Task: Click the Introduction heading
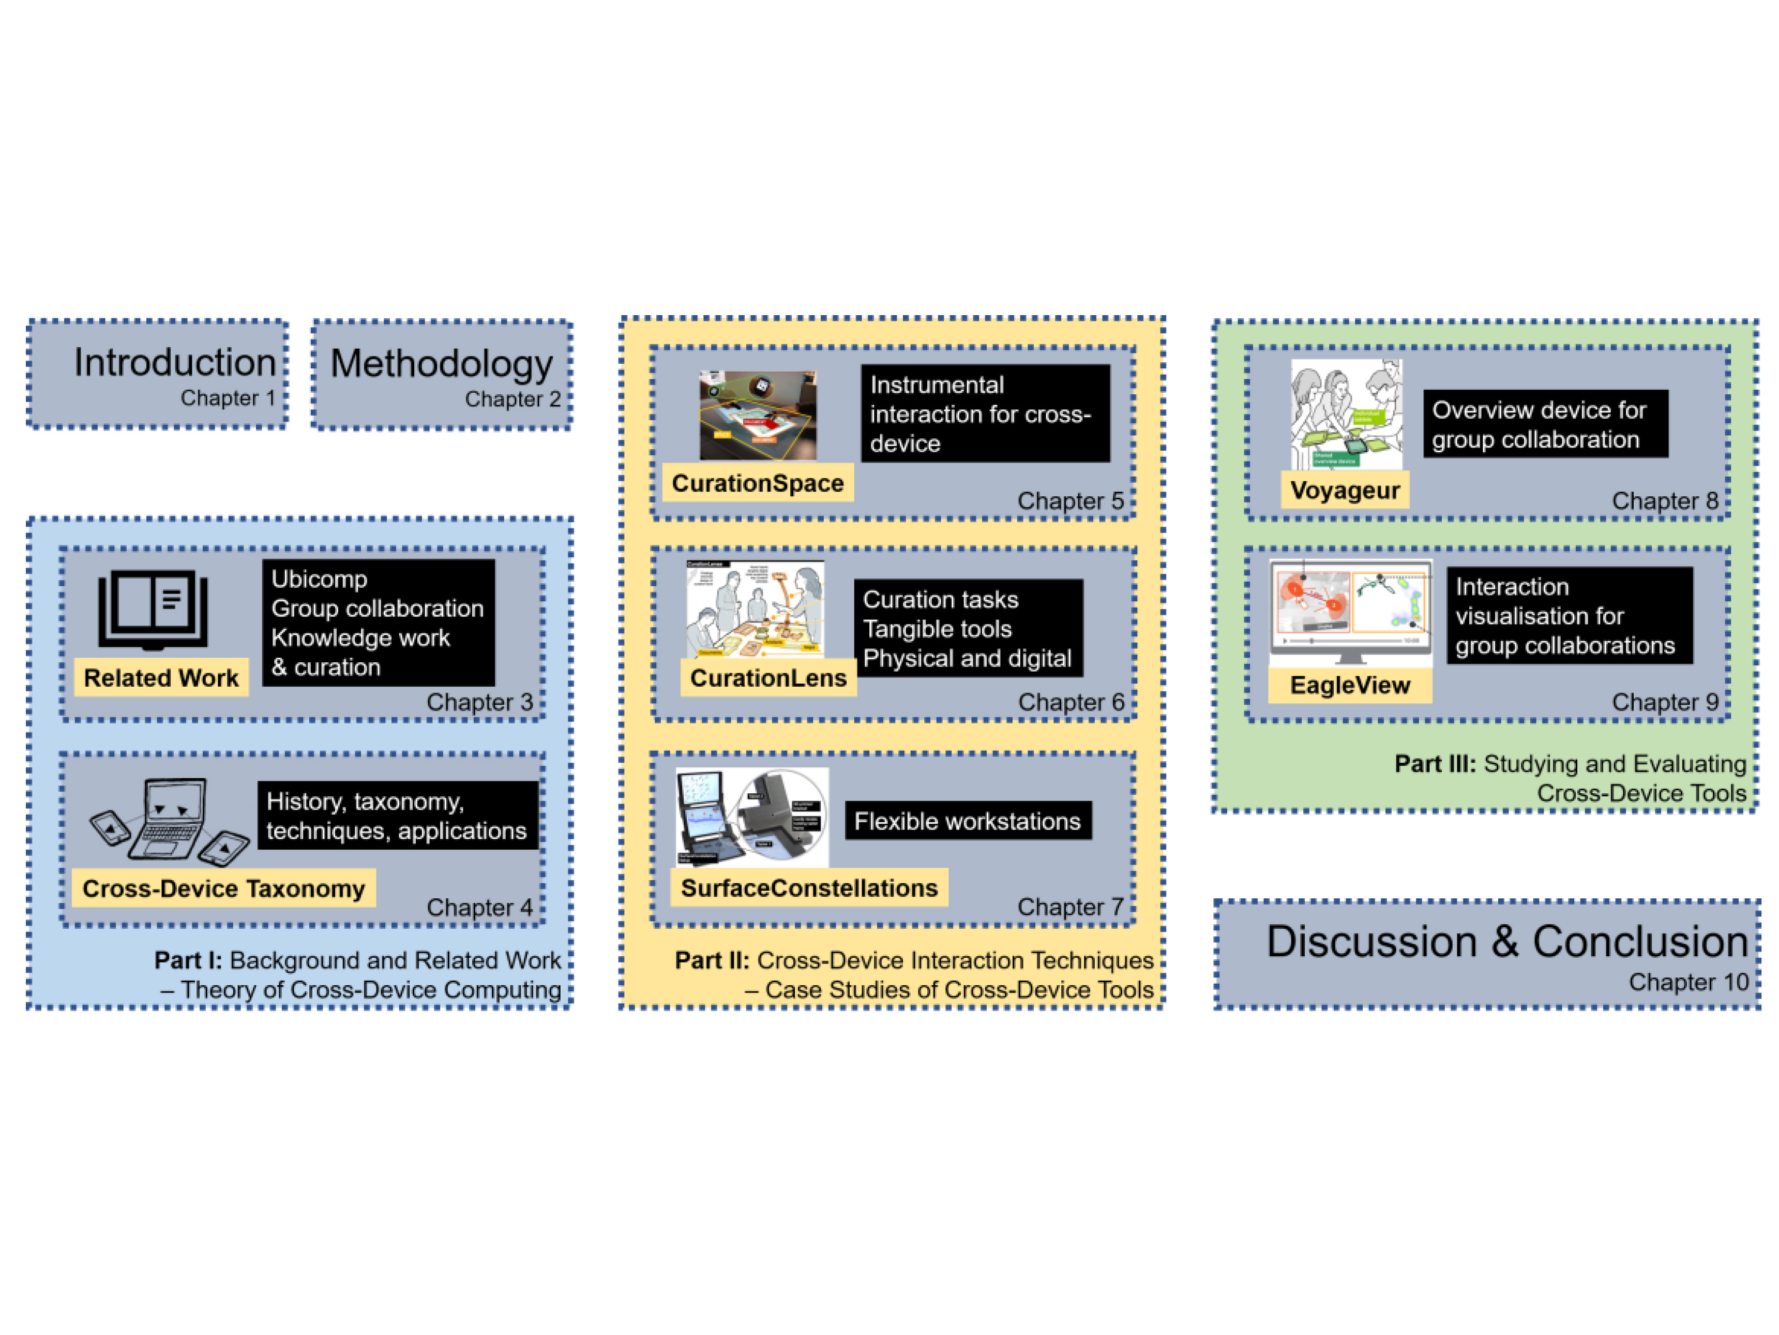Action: pyautogui.click(x=175, y=363)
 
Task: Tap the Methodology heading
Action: pyautogui.click(x=442, y=364)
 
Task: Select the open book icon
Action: pyautogui.click(x=153, y=610)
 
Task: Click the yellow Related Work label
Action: pyautogui.click(x=161, y=677)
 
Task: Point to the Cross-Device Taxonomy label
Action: pyautogui.click(x=223, y=888)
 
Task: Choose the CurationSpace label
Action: pyautogui.click(x=758, y=483)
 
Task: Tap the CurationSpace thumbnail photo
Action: pyautogui.click(x=758, y=415)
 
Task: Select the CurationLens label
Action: pyautogui.click(x=768, y=677)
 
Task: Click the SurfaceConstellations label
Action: pyautogui.click(x=809, y=887)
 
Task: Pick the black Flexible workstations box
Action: pyautogui.click(x=968, y=821)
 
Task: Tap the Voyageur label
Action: pyautogui.click(x=1345, y=490)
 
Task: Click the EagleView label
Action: pyautogui.click(x=1350, y=685)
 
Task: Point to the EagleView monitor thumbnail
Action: pyautogui.click(x=1350, y=610)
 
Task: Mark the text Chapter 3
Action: pyautogui.click(x=479, y=702)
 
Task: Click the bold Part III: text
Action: pyautogui.click(x=1435, y=764)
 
